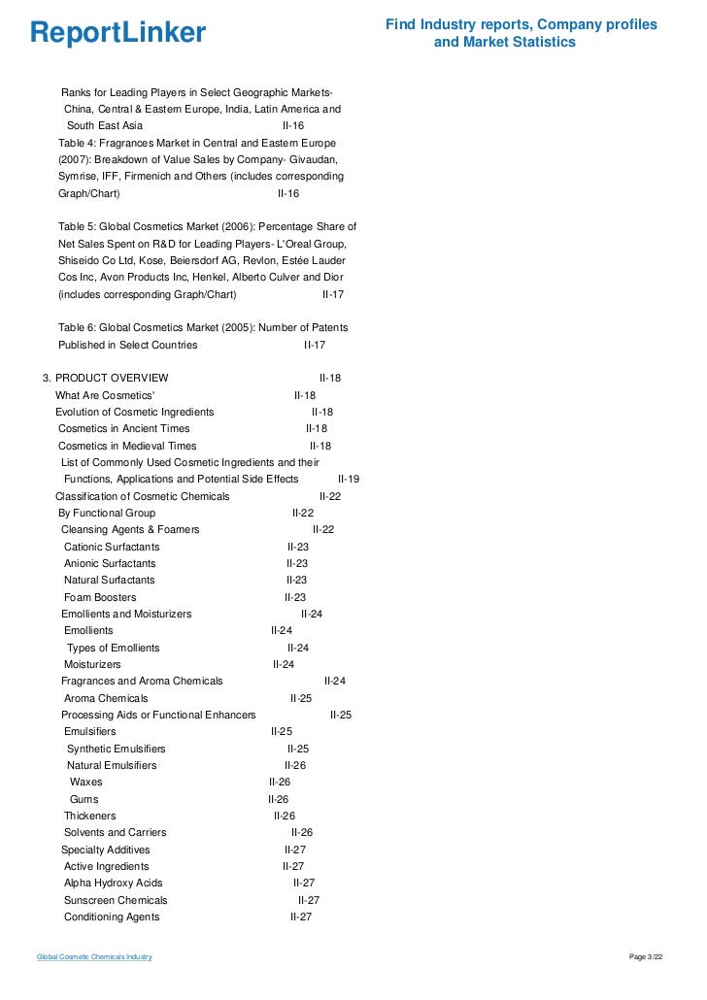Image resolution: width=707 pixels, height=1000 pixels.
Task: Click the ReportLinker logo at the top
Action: coord(118,33)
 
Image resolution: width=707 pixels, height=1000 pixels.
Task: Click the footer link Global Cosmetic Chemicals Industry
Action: coord(94,957)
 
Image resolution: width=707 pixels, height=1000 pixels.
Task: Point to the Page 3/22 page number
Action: coord(648,957)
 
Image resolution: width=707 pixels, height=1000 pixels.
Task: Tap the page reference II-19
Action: coord(349,479)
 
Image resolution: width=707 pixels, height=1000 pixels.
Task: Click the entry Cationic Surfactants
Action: coord(112,547)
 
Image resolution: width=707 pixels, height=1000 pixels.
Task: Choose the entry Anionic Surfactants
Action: coord(111,563)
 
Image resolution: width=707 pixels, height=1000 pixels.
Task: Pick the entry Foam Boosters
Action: coord(100,597)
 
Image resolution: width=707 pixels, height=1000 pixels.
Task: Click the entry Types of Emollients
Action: coord(114,648)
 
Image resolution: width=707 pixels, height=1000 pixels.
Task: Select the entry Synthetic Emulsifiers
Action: coord(116,749)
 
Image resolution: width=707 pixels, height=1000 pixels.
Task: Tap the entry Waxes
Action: coord(85,782)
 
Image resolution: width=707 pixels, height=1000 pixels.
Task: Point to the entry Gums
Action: coord(84,799)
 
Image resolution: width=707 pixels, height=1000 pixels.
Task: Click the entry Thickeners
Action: coord(89,816)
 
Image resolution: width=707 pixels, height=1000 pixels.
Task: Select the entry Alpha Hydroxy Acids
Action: coord(114,883)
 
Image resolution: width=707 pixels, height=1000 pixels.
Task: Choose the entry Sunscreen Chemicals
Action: coord(116,900)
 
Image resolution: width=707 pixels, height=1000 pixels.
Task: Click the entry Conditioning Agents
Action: coord(112,917)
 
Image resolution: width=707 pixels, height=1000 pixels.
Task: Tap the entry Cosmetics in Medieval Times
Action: coord(127,446)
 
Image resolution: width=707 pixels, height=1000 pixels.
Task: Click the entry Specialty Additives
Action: coord(106,850)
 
